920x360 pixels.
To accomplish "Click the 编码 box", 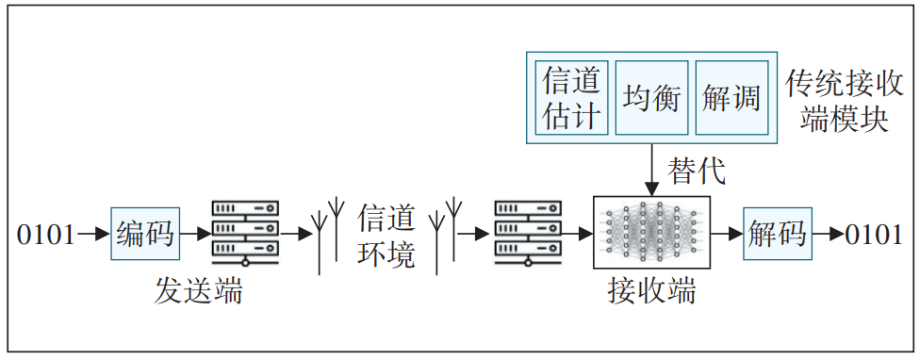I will click(x=144, y=234).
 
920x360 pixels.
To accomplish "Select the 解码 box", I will click(x=777, y=234).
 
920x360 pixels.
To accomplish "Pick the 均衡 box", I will click(x=651, y=98).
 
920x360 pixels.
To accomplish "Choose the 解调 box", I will click(x=731, y=98).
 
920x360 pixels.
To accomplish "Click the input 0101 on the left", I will click(x=45, y=234).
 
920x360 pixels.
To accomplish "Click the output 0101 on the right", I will click(x=874, y=234).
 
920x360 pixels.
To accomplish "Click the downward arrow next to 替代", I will click(x=651, y=171).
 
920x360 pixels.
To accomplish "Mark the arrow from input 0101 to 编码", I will click(x=93, y=234).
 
